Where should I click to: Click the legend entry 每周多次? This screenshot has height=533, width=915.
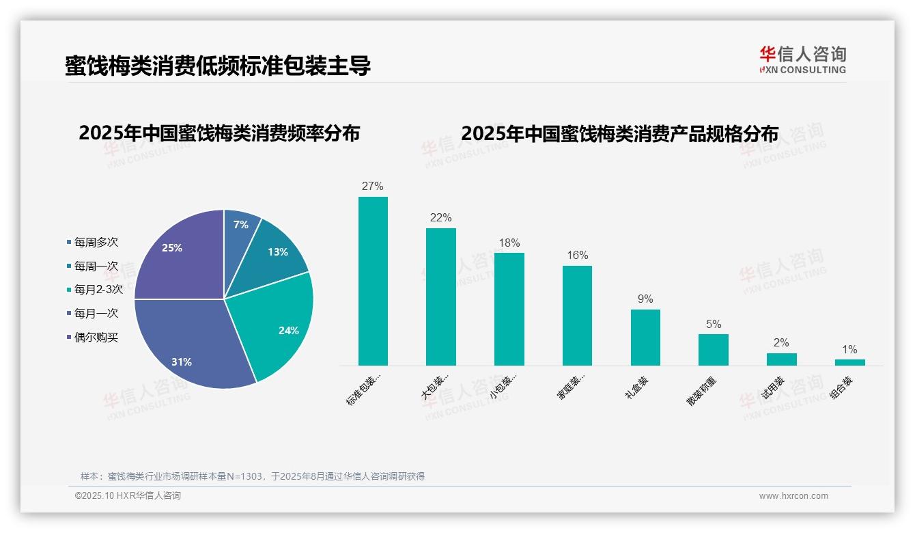point(96,242)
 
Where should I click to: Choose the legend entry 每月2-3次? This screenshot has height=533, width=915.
point(98,289)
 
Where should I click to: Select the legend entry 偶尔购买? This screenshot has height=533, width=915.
point(96,337)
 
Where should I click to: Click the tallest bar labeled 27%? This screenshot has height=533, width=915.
point(373,281)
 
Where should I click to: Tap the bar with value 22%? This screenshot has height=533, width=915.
point(440,297)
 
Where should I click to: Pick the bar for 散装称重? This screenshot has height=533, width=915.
point(713,349)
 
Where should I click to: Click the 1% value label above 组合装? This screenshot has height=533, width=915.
point(849,349)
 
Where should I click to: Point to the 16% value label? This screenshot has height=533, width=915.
point(577,255)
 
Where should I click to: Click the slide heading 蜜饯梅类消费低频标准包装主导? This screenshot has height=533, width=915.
point(218,66)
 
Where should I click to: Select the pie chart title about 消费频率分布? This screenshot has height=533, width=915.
point(219,133)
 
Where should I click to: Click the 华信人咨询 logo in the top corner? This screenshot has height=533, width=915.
point(802,59)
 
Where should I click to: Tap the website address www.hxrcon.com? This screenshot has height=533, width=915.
point(793,495)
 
